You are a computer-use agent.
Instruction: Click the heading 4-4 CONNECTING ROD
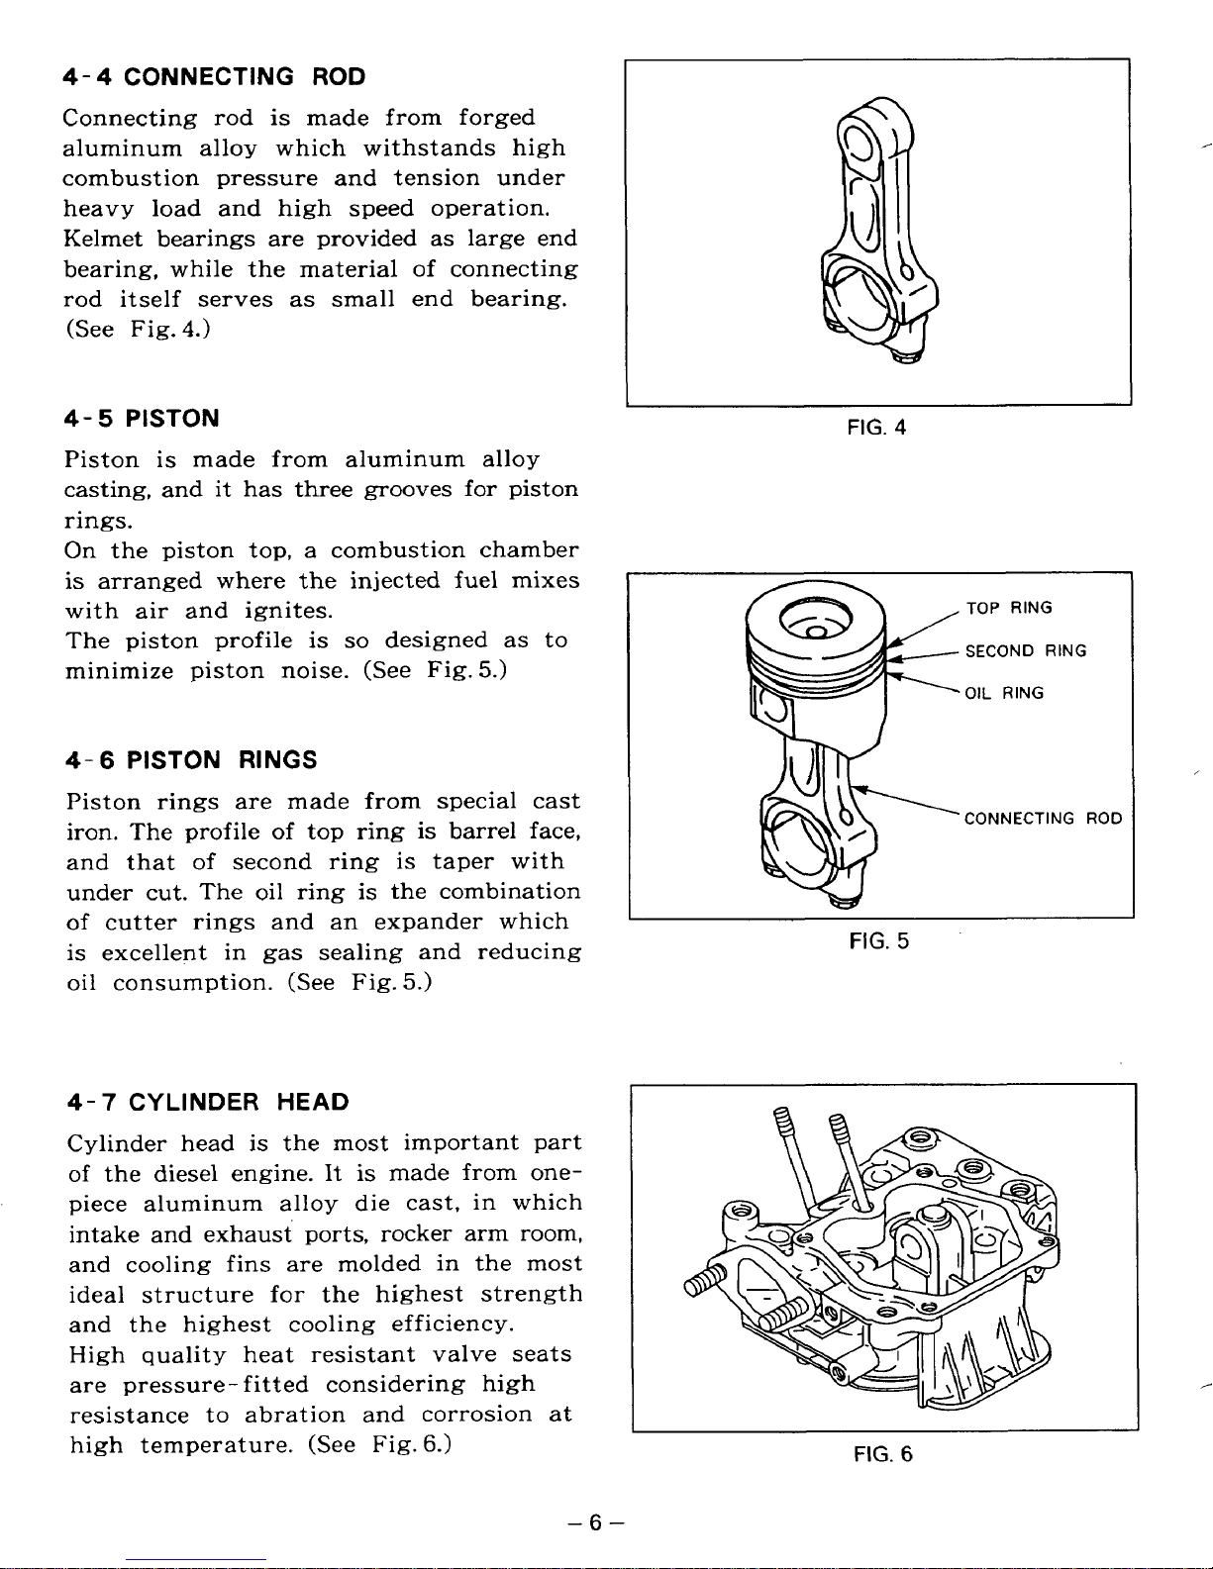tap(214, 77)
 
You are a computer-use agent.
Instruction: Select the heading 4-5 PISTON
tap(142, 419)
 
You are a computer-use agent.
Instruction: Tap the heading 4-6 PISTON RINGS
tap(191, 760)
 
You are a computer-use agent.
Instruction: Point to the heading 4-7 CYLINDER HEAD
tap(208, 1103)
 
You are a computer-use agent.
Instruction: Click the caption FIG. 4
tap(877, 429)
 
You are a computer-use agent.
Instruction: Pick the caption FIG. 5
tap(879, 941)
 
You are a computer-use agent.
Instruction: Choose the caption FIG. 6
tap(882, 1454)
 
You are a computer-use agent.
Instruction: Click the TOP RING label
tap(1009, 608)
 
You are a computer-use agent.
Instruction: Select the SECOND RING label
tap(1026, 651)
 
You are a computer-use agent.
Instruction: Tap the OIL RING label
tap(1004, 694)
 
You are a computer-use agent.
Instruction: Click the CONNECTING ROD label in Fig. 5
tap(1043, 819)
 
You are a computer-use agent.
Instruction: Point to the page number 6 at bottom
tap(594, 1523)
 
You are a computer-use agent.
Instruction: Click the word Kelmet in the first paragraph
tap(102, 239)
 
